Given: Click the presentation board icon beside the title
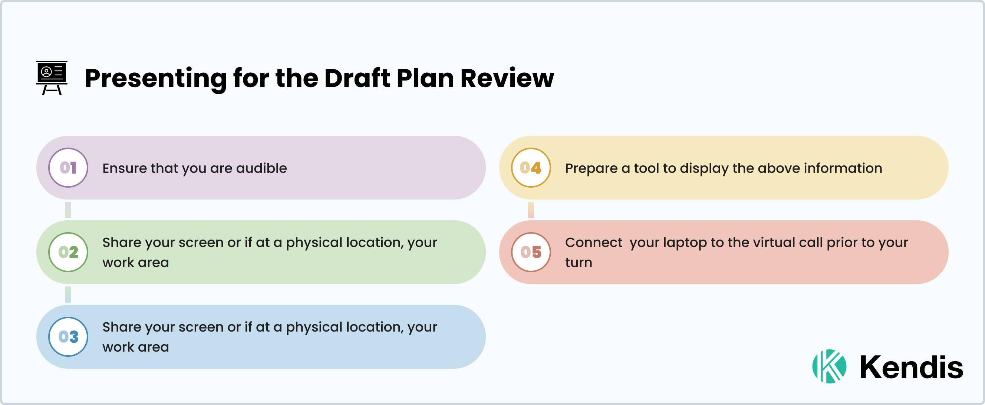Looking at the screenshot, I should pyautogui.click(x=52, y=78).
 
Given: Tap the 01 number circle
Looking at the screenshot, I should pyautogui.click(x=68, y=168).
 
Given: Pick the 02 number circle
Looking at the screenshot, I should pyautogui.click(x=68, y=252).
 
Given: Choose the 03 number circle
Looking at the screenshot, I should pyautogui.click(x=68, y=336).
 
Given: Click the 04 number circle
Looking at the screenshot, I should pyautogui.click(x=531, y=168).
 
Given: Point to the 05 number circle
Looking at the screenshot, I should pyautogui.click(x=531, y=252).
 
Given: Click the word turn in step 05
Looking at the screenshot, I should pyautogui.click(x=579, y=263).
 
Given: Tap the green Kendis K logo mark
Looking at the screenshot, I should pyautogui.click(x=829, y=366).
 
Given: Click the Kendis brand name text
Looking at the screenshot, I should pyautogui.click(x=911, y=367).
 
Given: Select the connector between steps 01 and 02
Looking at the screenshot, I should pyautogui.click(x=68, y=210).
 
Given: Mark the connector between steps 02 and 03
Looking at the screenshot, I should pyautogui.click(x=68, y=294).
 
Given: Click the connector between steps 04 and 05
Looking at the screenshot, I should pyautogui.click(x=531, y=210).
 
